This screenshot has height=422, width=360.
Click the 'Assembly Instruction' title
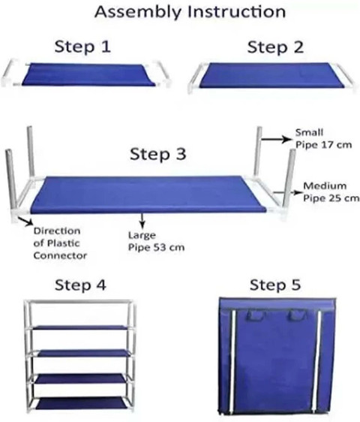(190, 12)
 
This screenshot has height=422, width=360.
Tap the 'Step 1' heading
(82, 47)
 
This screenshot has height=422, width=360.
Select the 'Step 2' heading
(275, 47)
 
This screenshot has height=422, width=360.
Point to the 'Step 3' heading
(157, 154)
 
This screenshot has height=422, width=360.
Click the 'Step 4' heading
(80, 285)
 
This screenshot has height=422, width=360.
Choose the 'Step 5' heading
(275, 285)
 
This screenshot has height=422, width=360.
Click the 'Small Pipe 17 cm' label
(323, 139)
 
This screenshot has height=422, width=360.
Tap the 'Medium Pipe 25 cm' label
(331, 192)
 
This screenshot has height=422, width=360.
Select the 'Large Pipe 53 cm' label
(156, 241)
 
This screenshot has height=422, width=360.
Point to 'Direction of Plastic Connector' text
(60, 243)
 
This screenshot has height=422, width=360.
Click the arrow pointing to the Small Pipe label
(276, 139)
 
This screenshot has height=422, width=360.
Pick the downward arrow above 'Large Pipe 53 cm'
(142, 221)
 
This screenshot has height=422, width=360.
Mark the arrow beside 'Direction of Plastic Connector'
(25, 221)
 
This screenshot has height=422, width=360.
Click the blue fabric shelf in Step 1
(88, 74)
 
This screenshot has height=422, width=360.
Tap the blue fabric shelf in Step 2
(272, 75)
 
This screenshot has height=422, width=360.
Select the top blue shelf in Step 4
(82, 328)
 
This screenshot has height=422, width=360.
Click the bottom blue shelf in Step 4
(82, 404)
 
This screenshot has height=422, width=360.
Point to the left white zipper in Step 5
(232, 361)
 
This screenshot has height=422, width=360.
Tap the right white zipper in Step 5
(317, 361)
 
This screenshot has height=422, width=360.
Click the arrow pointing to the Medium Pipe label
(287, 193)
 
